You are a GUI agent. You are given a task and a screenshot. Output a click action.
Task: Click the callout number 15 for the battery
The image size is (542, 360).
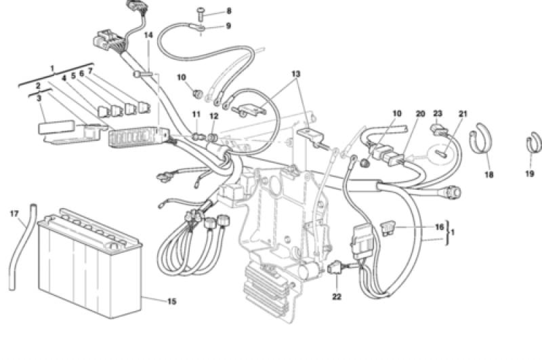[x=172, y=301]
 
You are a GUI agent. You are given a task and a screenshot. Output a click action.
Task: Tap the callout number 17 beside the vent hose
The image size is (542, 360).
[x=14, y=214]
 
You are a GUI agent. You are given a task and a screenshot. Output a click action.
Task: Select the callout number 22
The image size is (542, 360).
[x=337, y=296]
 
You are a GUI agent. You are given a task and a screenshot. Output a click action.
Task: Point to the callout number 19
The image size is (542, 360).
[x=528, y=174]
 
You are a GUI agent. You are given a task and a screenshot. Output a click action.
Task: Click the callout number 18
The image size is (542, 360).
[x=489, y=174]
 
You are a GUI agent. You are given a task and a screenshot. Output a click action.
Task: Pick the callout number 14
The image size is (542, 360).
[x=149, y=35]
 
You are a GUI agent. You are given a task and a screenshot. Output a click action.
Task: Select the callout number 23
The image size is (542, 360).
[x=438, y=114]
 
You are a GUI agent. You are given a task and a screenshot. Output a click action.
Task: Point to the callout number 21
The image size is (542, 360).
[x=463, y=114]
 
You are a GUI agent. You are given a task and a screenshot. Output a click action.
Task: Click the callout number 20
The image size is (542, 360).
[x=420, y=114]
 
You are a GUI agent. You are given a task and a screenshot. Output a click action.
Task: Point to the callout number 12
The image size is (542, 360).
[x=215, y=116]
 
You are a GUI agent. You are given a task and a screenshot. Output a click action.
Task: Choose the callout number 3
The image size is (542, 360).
[x=39, y=99]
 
